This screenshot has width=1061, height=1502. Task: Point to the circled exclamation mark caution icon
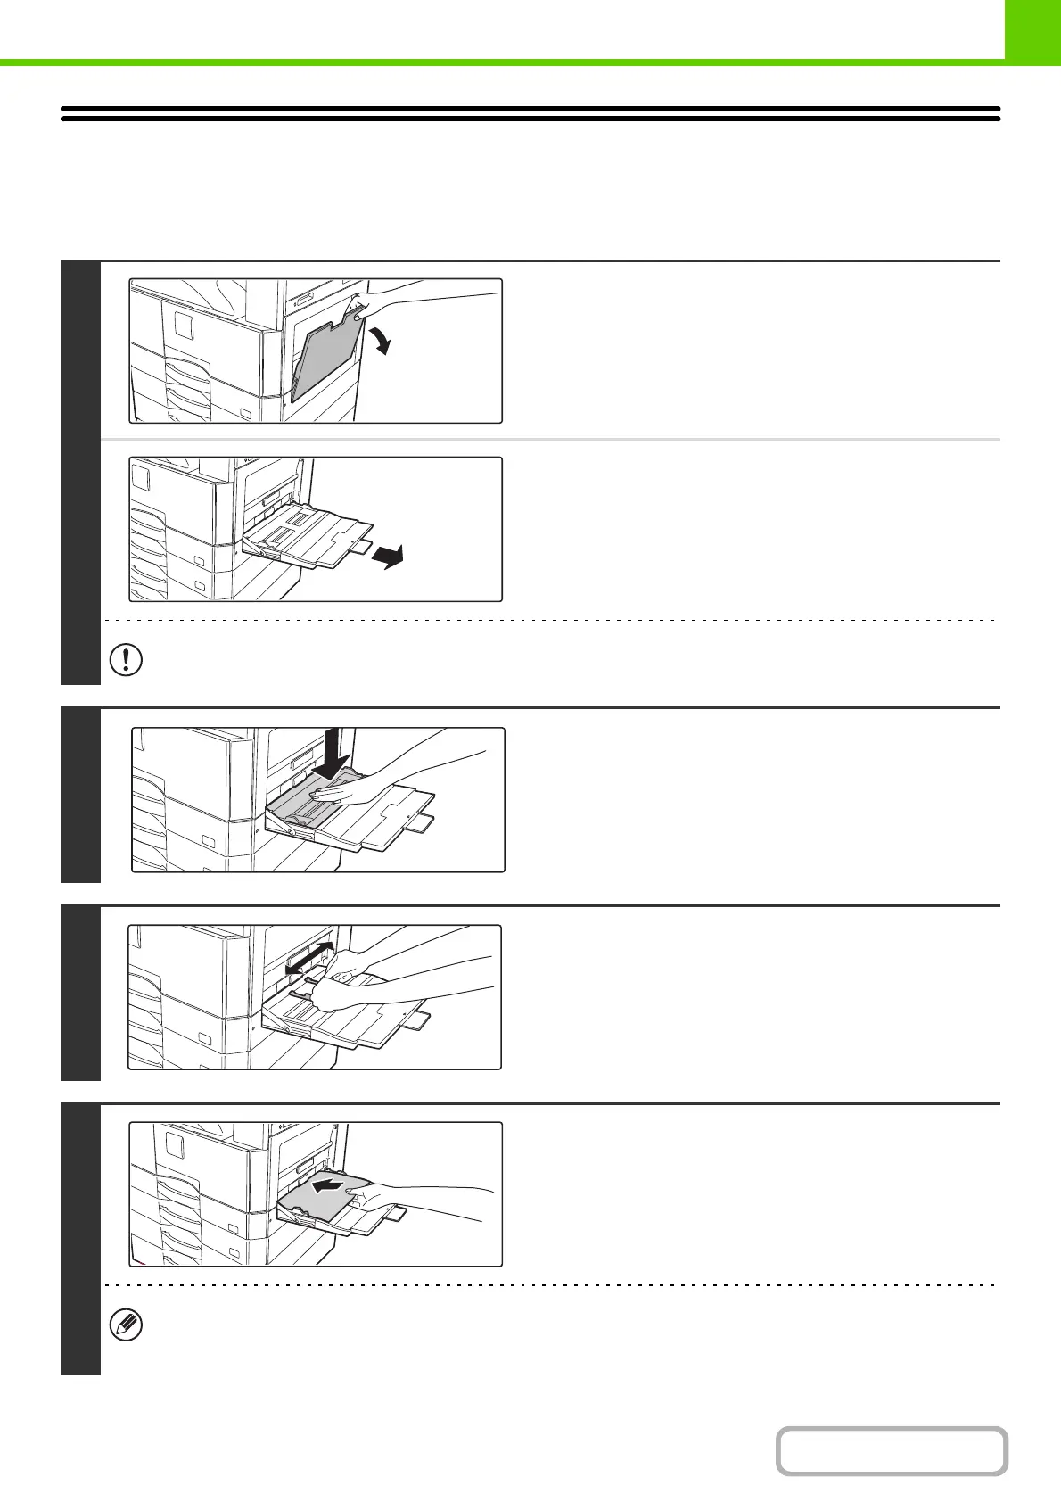pyautogui.click(x=126, y=659)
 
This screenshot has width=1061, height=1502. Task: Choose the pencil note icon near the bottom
pyautogui.click(x=126, y=1325)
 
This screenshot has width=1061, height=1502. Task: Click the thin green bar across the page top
pyautogui.click(x=499, y=62)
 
